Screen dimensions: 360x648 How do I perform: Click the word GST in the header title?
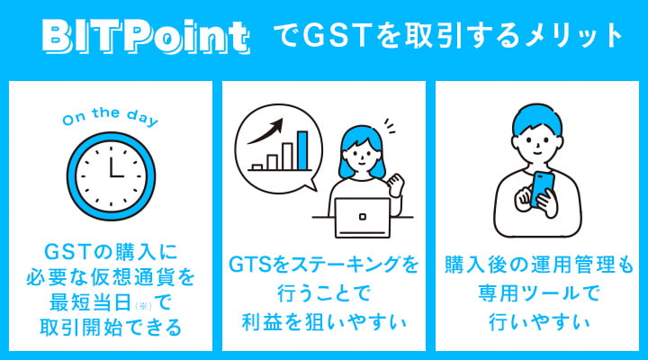[331, 37]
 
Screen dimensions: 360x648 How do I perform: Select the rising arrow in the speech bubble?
[269, 132]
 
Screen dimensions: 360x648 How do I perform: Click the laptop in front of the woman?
[363, 214]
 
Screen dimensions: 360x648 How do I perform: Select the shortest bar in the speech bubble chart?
[258, 166]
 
